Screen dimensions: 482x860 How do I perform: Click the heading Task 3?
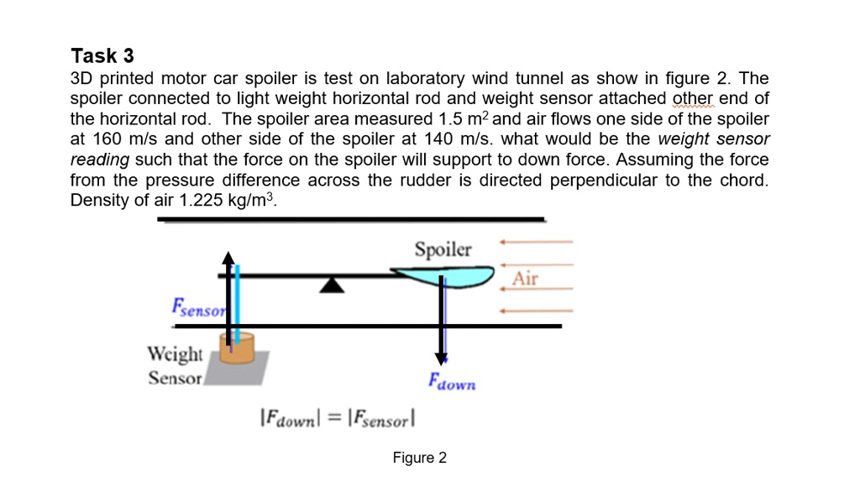102,56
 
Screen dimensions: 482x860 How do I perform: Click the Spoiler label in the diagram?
443,249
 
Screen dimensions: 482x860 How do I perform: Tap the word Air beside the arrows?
525,279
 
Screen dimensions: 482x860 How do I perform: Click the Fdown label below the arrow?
452,382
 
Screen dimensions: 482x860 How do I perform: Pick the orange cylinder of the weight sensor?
237,348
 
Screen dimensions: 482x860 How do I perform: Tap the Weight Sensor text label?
175,365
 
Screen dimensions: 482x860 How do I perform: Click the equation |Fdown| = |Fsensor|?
339,416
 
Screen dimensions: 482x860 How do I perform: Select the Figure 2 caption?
420,458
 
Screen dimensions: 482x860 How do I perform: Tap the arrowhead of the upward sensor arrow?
228,256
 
